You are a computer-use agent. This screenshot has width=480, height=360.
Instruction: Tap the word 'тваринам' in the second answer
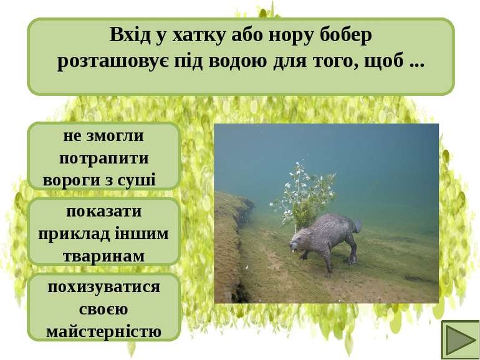[104, 256]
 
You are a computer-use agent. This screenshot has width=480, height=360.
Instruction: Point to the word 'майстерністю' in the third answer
[104, 331]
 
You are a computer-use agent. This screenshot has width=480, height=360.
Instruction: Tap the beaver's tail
[357, 225]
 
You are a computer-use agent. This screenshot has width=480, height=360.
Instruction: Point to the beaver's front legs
[324, 259]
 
